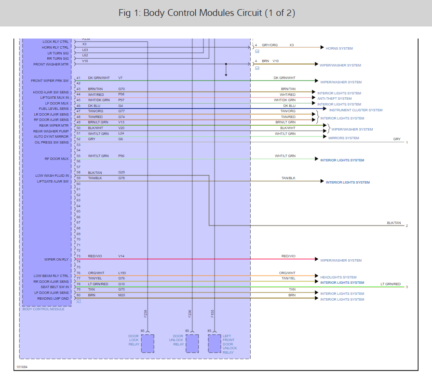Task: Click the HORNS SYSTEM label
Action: [339, 48]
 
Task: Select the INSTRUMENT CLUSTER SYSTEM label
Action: [356, 110]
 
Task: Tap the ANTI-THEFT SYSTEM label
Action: [334, 98]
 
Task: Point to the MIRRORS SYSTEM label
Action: [343, 138]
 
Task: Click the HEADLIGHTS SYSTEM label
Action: [338, 277]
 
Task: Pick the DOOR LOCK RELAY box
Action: [148, 344]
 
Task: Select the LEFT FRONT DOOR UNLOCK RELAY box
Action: [215, 344]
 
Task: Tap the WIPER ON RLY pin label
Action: [56, 259]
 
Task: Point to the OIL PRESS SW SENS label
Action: [52, 142]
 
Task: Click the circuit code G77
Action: [121, 111]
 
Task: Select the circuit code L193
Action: [122, 273]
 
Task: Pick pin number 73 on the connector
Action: [78, 256]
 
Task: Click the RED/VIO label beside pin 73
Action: [95, 256]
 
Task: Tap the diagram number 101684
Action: [22, 367]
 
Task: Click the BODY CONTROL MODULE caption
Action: [43, 309]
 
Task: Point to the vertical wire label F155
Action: [213, 314]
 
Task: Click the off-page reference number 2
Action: [406, 225]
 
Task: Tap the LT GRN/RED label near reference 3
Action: [391, 284]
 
